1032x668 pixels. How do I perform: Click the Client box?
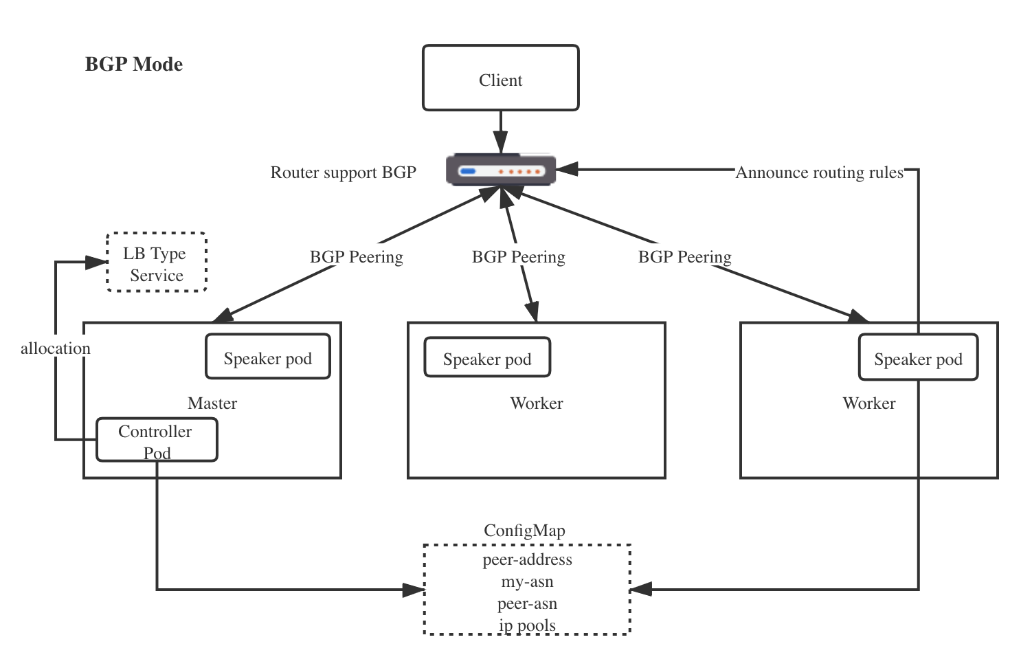(x=500, y=78)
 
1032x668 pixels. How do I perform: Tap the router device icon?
(x=501, y=170)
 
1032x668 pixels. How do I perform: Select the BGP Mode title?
(x=134, y=65)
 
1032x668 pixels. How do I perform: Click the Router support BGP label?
(x=343, y=172)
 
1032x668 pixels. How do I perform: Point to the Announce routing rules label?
(x=819, y=172)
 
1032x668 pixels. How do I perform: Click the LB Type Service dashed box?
(x=157, y=263)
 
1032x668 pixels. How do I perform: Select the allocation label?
(x=56, y=348)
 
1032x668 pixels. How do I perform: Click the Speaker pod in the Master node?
(x=267, y=357)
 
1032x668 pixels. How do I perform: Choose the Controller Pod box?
(x=157, y=441)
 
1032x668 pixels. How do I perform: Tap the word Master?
(x=212, y=403)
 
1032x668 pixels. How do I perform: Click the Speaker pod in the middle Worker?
(x=487, y=358)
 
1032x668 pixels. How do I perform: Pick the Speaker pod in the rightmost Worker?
(x=918, y=358)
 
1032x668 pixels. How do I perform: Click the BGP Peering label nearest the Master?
(x=357, y=257)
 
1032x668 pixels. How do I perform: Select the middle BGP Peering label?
(x=519, y=257)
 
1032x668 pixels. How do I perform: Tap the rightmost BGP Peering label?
(x=685, y=257)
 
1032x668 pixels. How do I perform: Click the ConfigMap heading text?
(x=524, y=531)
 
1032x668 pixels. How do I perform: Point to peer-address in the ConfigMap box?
(x=527, y=559)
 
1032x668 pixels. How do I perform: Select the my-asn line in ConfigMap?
(x=527, y=581)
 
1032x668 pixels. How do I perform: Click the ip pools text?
(x=527, y=625)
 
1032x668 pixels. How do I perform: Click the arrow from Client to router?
(x=501, y=131)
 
